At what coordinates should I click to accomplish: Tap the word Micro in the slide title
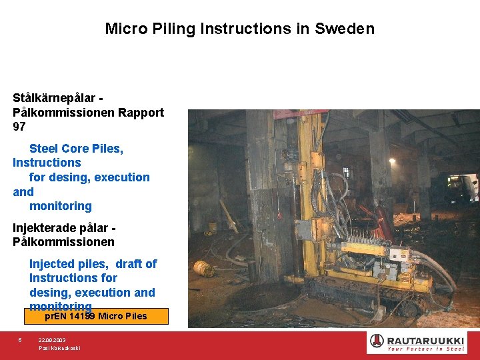pyautogui.click(x=123, y=29)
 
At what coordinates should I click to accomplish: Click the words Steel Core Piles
pyautogui.click(x=76, y=148)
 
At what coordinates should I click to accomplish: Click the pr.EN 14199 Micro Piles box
pyautogui.click(x=96, y=316)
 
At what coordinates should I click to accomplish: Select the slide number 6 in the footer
pyautogui.click(x=20, y=340)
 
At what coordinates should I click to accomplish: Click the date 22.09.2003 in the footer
pyautogui.click(x=52, y=340)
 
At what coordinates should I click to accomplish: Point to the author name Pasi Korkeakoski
pyautogui.click(x=59, y=349)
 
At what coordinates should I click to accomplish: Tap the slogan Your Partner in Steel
pyautogui.click(x=426, y=349)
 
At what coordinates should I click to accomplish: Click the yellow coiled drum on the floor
pyautogui.click(x=203, y=268)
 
